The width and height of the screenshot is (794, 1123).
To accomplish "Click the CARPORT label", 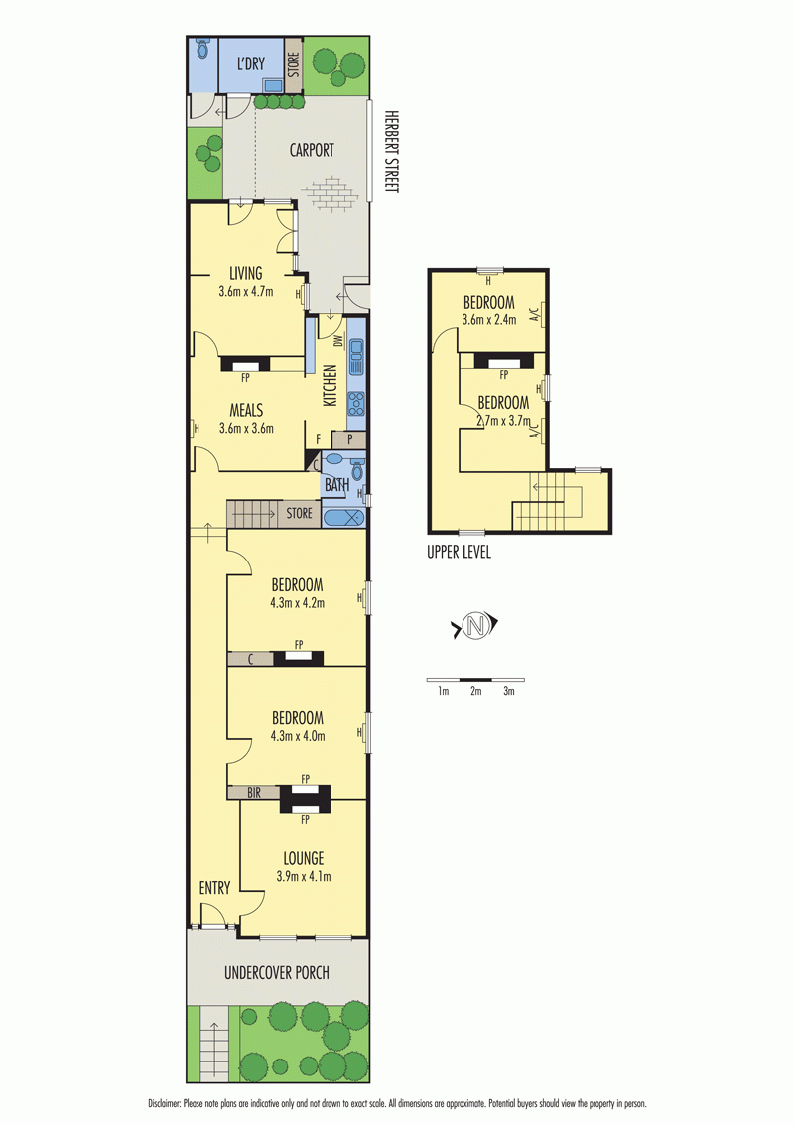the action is [x=312, y=150].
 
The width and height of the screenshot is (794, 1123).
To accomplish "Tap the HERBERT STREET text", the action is [x=391, y=151].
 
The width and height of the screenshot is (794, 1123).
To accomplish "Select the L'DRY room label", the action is [x=251, y=63].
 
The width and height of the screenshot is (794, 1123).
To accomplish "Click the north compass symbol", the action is [x=474, y=625].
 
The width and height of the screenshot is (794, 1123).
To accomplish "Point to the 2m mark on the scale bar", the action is [x=475, y=691].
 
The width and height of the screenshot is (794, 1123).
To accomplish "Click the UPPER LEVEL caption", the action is [x=459, y=552].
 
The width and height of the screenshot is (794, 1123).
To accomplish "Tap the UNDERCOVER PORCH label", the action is [x=277, y=972].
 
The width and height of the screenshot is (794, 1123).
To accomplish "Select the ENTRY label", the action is [x=214, y=888].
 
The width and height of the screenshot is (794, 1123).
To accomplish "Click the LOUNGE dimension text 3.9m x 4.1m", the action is [x=304, y=876].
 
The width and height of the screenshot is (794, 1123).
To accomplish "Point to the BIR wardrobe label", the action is [x=254, y=792].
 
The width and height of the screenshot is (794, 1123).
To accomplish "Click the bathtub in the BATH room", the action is [x=344, y=517].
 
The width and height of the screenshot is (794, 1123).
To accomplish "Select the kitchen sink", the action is [x=356, y=357].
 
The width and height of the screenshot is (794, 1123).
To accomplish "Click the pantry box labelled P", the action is [x=349, y=439].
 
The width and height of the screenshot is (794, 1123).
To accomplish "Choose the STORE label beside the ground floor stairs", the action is [x=299, y=513].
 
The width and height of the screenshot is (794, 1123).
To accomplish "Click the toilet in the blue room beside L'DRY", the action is [x=202, y=48].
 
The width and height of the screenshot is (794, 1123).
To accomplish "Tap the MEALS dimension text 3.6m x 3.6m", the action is [x=246, y=429].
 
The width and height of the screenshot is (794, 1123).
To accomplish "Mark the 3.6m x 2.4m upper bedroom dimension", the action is [x=488, y=320].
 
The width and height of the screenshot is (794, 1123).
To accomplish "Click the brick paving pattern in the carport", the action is [x=330, y=192].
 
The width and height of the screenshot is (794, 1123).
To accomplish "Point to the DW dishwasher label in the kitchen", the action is [x=338, y=341].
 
